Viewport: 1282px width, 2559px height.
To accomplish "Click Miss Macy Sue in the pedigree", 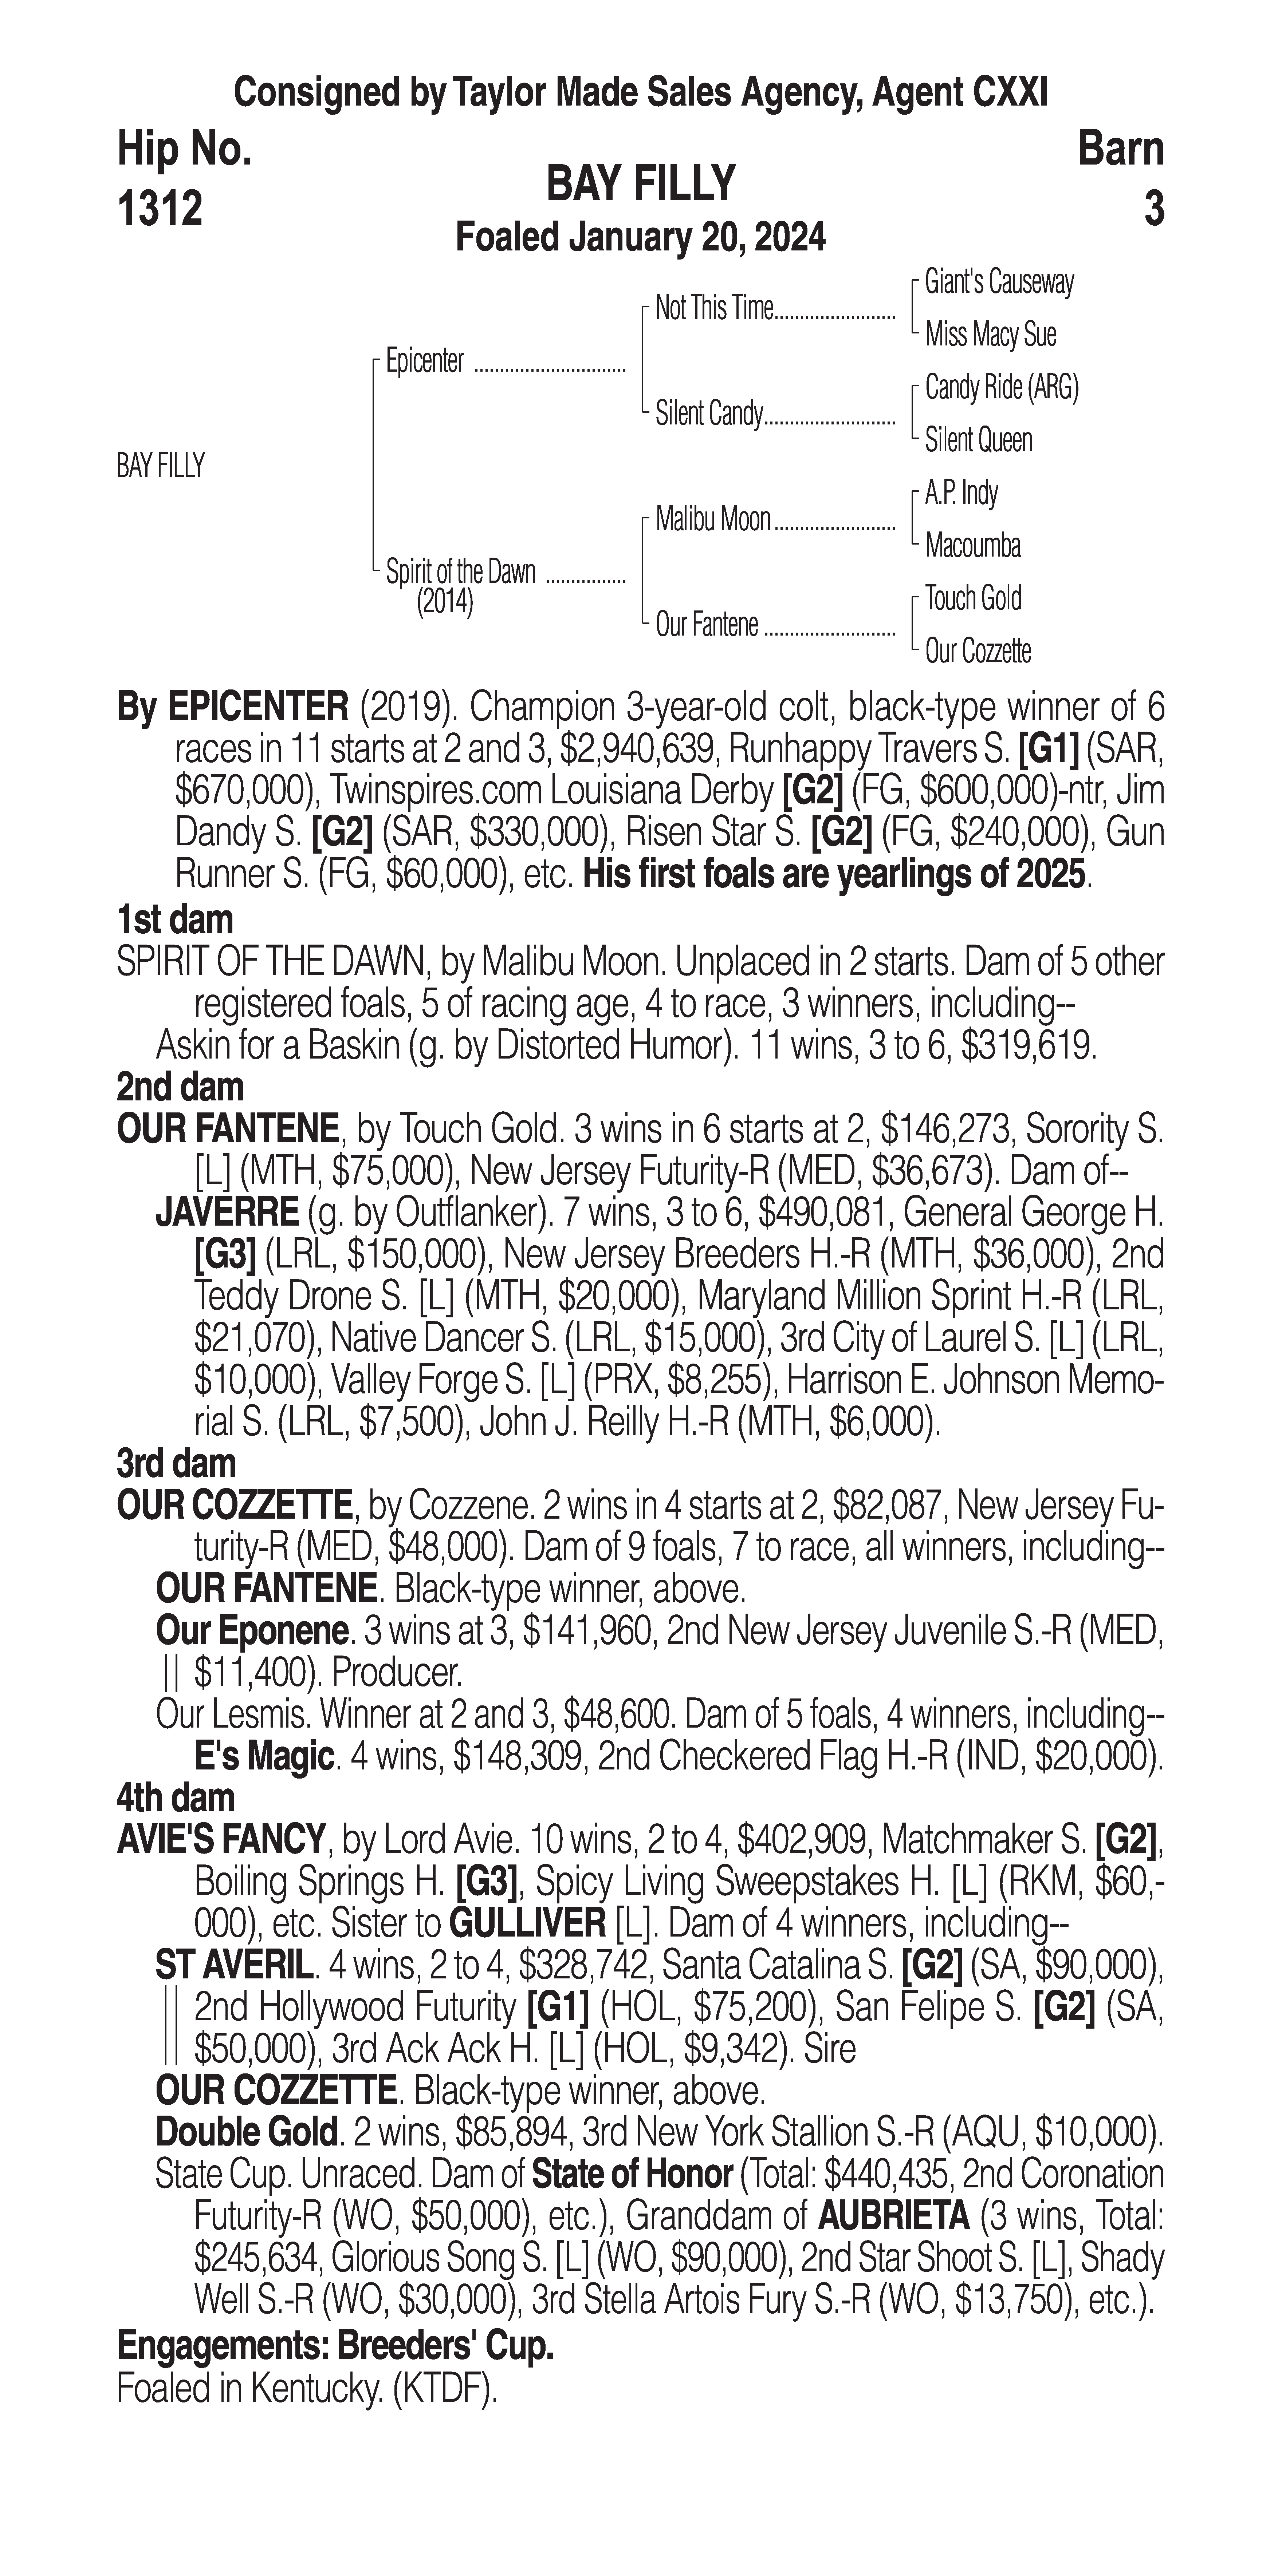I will click(990, 335).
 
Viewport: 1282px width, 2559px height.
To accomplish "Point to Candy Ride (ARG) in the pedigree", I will click(1001, 387).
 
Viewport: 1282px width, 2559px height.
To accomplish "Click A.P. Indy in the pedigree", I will click(961, 493).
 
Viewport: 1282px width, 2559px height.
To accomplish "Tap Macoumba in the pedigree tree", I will click(972, 545).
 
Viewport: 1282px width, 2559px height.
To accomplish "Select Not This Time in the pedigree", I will click(713, 309).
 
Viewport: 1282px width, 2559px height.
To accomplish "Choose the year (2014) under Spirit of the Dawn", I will click(444, 602).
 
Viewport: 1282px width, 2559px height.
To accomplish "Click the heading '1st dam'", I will click(175, 920).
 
